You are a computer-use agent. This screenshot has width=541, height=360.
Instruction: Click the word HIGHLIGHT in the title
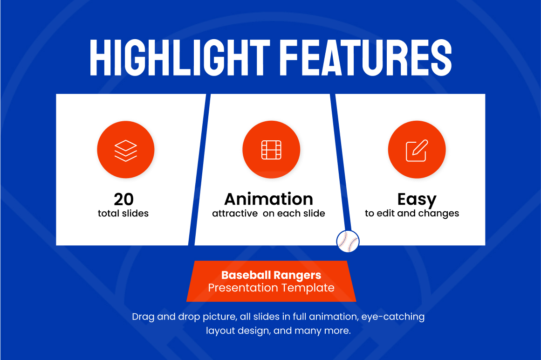[x=180, y=58]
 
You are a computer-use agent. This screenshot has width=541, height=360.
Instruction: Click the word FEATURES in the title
[x=366, y=58]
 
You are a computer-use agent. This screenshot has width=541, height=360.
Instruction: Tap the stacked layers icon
[x=126, y=151]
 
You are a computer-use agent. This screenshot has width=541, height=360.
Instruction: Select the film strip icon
[x=271, y=150]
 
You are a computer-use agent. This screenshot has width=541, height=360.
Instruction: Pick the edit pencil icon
[x=417, y=151]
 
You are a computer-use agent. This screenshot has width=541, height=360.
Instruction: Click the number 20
[x=123, y=199]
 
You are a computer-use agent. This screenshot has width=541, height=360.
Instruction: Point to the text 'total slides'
[x=123, y=213]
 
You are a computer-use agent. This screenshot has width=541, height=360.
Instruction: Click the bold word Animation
[x=269, y=199]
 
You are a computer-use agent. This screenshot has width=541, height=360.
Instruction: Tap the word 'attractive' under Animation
[x=235, y=214]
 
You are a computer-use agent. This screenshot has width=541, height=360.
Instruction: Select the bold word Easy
[x=417, y=200]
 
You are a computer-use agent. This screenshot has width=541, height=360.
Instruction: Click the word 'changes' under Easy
[x=438, y=214]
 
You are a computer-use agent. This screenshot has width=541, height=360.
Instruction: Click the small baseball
[x=348, y=241]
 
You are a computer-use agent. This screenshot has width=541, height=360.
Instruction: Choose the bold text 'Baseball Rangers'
[x=271, y=275]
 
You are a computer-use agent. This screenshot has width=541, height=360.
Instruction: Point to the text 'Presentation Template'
[x=271, y=288]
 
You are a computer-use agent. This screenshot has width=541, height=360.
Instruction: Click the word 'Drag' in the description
[x=143, y=317]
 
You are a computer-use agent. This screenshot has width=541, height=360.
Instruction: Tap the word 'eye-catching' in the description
[x=393, y=317]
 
